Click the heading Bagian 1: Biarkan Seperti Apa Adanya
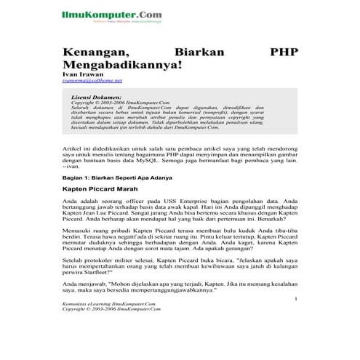pos(118,177)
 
